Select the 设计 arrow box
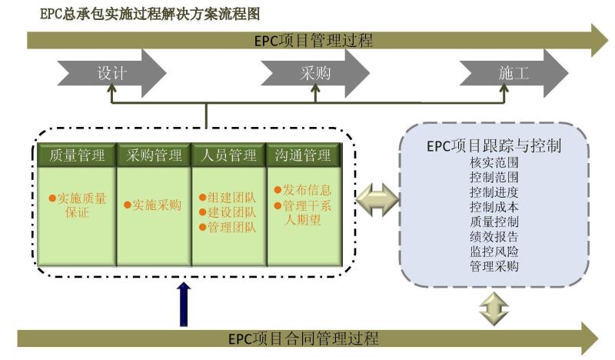[111, 74]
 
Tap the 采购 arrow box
[315, 74]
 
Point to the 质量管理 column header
[76, 155]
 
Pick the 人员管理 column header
[228, 155]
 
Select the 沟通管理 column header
[302, 155]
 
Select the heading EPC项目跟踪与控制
[493, 145]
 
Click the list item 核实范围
[494, 163]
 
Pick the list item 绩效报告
[494, 236]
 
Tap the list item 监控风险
[494, 251]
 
